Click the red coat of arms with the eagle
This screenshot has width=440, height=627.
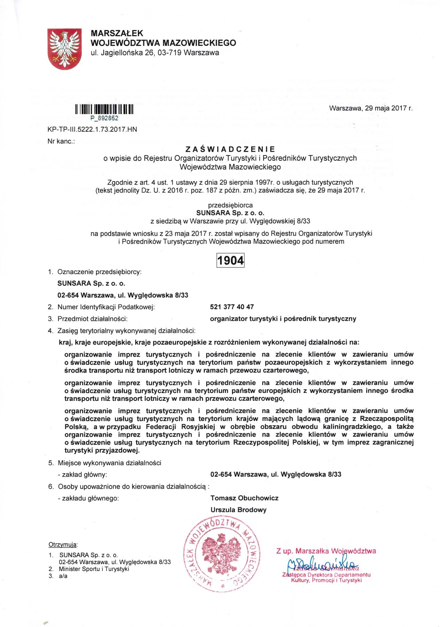point(65,49)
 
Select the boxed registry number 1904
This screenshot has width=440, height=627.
point(230,260)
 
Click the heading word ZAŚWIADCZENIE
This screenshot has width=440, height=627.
point(230,149)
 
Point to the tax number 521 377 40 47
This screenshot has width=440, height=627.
point(232,307)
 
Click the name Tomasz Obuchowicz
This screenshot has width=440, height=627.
point(244,498)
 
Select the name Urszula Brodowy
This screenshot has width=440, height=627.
point(238,510)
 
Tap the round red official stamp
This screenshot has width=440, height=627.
point(222,555)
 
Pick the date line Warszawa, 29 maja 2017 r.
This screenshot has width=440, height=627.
point(371,108)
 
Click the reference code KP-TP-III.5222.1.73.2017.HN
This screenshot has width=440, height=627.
point(92,130)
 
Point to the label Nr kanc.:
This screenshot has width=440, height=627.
point(61,141)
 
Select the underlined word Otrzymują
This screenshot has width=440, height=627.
point(63,544)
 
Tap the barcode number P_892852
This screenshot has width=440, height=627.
point(104,118)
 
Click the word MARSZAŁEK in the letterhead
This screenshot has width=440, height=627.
point(117,33)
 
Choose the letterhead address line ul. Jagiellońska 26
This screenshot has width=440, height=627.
point(155,53)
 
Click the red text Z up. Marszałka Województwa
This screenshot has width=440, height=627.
point(326,551)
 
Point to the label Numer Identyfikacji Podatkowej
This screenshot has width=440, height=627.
point(106,307)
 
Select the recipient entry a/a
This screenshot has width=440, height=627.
point(63,576)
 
